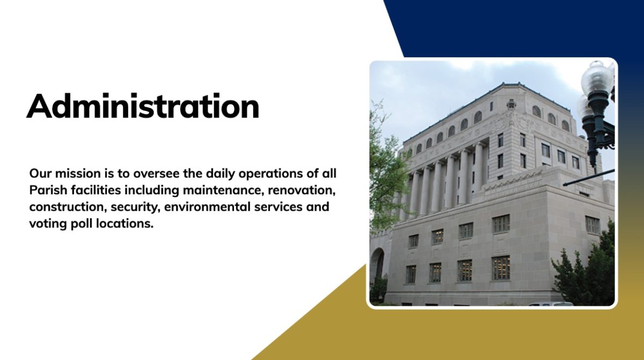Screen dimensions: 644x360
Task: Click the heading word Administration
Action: tap(143, 106)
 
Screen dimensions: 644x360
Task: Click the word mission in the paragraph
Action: tap(78, 173)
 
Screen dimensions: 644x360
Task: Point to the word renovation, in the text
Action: tap(302, 191)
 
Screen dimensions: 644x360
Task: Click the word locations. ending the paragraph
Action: tap(124, 224)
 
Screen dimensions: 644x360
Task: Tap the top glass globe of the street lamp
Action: tap(597, 76)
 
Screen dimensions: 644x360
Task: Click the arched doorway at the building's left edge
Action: tap(377, 267)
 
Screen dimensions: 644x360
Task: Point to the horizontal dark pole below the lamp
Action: tap(589, 177)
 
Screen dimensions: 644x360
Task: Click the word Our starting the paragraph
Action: tap(41, 173)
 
